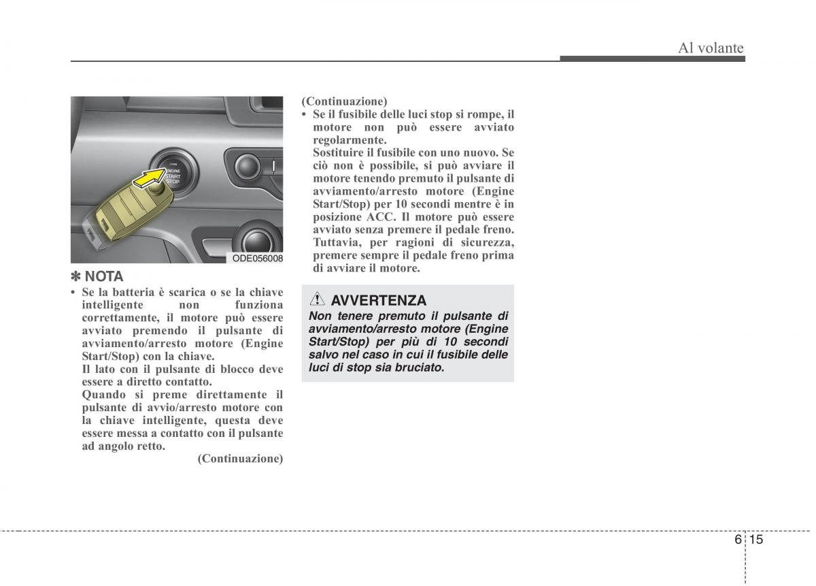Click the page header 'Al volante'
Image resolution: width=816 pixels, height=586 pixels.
click(x=711, y=48)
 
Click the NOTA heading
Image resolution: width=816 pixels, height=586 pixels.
click(x=104, y=276)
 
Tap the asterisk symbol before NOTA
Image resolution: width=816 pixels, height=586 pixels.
click(x=76, y=276)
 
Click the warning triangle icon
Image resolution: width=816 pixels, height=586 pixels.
click(x=318, y=299)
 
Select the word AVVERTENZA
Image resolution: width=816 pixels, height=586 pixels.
click(x=379, y=300)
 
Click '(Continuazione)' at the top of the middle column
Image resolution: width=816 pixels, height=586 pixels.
click(x=345, y=101)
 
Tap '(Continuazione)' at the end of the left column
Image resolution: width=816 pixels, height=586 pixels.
click(x=240, y=459)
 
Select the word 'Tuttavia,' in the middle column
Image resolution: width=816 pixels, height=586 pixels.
click(x=335, y=242)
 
